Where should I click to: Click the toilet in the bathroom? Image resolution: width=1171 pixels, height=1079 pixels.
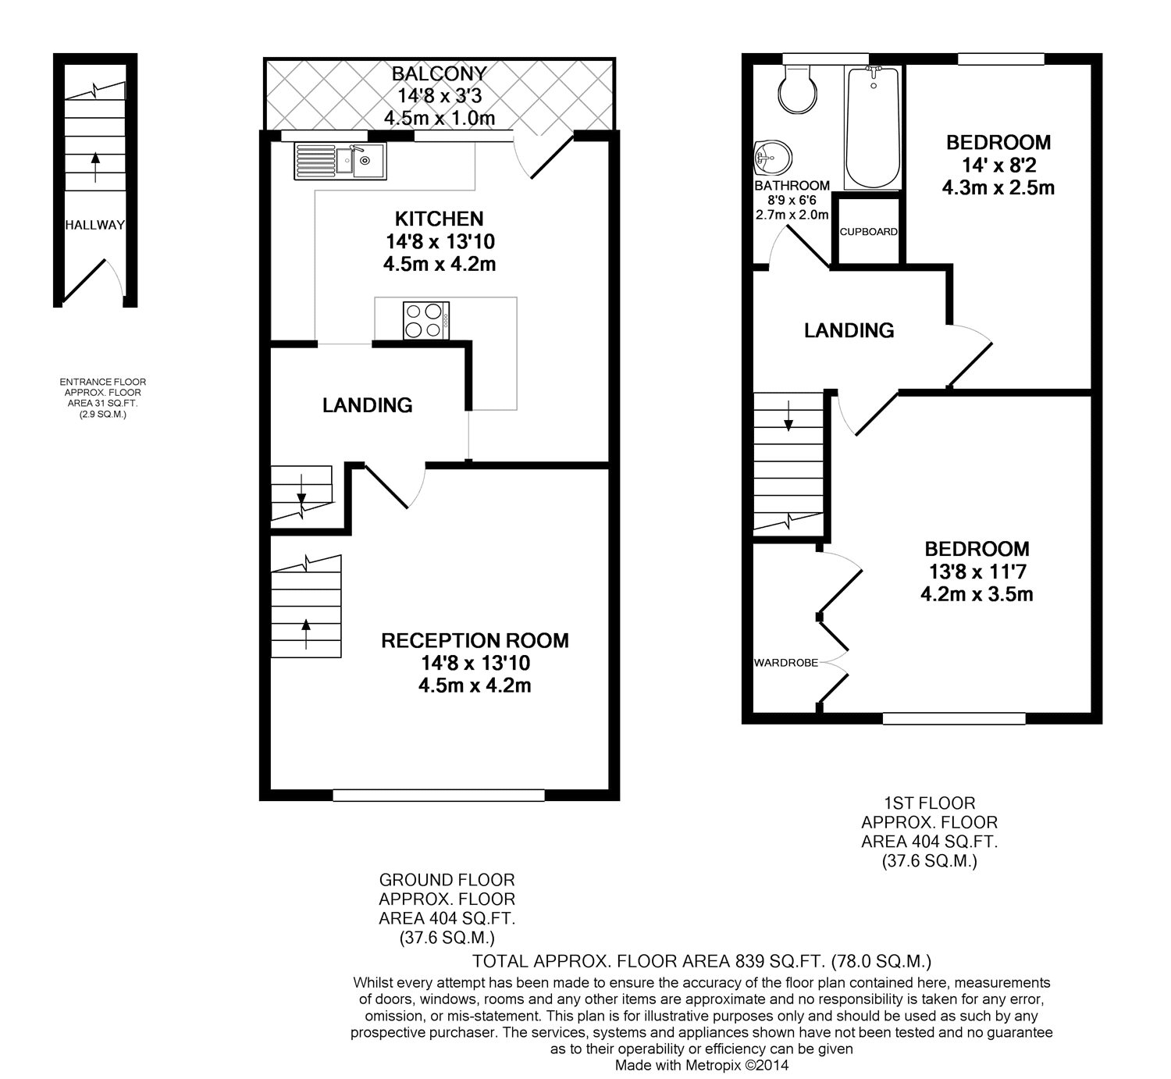[797, 90]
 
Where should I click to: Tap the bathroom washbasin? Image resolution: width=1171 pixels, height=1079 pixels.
[773, 159]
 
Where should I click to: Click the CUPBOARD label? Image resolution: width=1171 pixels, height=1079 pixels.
[868, 232]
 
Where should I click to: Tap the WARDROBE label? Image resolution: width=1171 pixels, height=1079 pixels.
[785, 663]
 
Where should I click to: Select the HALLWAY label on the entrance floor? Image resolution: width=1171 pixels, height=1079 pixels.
[94, 225]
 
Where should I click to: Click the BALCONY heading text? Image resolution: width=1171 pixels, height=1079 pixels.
[439, 74]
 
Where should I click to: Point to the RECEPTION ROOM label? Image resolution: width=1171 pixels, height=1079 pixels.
[475, 641]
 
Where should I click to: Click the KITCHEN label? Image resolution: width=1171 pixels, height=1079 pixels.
[439, 219]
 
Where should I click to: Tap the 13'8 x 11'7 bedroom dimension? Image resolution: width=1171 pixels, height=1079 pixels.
[977, 572]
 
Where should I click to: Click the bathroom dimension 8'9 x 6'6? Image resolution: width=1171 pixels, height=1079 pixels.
[792, 201]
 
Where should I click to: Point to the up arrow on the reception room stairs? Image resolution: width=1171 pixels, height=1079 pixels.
[305, 633]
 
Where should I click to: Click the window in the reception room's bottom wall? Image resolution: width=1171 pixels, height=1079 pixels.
[439, 795]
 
